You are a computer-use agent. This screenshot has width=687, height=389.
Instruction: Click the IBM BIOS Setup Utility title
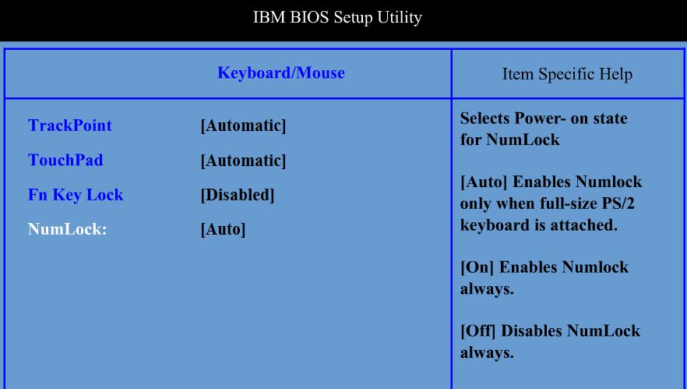tap(337, 18)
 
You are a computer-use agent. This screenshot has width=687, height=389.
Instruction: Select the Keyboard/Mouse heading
tap(281, 72)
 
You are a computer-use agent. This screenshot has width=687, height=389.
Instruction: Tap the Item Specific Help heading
tap(567, 74)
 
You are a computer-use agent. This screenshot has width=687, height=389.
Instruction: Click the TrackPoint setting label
tap(70, 126)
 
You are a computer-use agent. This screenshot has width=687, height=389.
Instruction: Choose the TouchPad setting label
tap(65, 160)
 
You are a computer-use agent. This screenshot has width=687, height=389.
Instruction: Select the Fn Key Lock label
tap(76, 195)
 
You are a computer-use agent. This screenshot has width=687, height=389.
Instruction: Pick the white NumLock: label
tap(67, 229)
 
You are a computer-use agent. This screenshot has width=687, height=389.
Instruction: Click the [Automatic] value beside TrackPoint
tap(243, 126)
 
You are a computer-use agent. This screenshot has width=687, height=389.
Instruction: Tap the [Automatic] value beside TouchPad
tap(243, 161)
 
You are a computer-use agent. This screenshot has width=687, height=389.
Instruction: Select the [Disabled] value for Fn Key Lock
tap(238, 195)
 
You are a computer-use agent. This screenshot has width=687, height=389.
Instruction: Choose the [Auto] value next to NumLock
tap(223, 229)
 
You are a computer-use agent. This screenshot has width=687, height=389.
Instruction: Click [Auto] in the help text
tap(484, 182)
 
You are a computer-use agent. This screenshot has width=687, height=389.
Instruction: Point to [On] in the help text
tap(477, 267)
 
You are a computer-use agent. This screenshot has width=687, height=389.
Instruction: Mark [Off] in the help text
tap(477, 331)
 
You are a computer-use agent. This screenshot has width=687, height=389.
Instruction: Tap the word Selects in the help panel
tap(485, 118)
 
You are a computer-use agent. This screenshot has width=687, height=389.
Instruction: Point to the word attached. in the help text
tap(592, 225)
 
